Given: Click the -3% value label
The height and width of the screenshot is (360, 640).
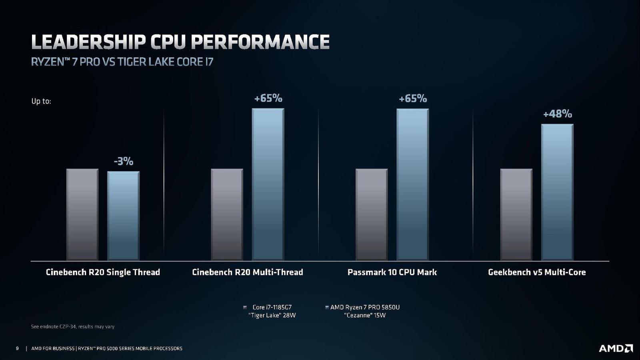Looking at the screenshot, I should pos(123,161).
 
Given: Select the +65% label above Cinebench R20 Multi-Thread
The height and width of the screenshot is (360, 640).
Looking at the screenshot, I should pos(268,98).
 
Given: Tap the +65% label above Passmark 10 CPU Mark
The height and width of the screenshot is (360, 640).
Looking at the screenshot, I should pos(413,98).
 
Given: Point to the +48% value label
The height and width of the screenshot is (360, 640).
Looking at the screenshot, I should pos(557,114).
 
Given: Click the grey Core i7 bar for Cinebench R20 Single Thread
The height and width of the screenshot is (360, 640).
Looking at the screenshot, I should pos(82,214).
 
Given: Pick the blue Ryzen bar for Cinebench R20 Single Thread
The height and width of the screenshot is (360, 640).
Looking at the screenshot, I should pos(123,216).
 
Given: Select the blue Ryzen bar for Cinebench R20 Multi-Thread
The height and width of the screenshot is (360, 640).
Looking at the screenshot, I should pos(268,184).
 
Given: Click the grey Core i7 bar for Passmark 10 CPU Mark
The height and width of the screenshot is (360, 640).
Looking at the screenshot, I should pos(372,214).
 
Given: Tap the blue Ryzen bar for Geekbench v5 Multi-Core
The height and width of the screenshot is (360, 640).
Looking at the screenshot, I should pos(557,192).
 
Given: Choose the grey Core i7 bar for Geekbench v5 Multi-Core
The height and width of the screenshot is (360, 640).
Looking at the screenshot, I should pos(516,214).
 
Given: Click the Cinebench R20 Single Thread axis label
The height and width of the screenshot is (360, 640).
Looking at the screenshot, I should pos(103,272).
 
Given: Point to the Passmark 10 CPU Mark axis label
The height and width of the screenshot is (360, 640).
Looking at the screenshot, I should pos(392,272).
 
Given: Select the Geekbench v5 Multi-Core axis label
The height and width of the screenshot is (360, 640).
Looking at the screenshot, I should pos(537,272).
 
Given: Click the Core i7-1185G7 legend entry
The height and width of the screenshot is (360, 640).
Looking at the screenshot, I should pos(272,311).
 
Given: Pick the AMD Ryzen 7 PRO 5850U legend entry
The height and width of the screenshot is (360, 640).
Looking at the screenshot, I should pos(364,311).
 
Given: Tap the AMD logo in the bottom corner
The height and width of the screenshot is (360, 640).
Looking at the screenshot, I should pos(616,348).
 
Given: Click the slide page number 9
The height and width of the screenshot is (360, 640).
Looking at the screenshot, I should pos(17,348).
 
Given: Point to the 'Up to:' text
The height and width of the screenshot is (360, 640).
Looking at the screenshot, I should pos(41,101).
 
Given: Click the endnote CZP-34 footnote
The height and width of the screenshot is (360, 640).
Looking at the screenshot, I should pos(72,327).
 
